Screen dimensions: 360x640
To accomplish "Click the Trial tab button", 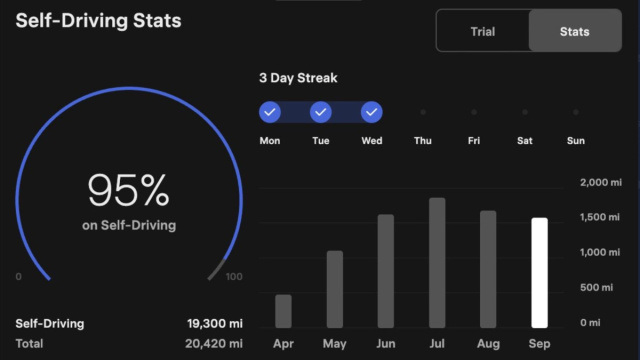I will click(x=482, y=31).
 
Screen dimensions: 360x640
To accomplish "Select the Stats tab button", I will click(x=575, y=31).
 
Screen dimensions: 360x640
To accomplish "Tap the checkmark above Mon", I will click(x=270, y=112).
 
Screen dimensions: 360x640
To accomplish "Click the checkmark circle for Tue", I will click(x=321, y=112).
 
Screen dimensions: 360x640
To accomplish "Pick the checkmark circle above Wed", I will click(x=372, y=112).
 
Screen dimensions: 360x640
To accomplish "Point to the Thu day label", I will click(x=423, y=141).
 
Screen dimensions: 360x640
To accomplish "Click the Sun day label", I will click(x=576, y=141).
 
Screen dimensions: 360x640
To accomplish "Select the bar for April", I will click(x=284, y=311).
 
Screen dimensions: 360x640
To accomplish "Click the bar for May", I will click(x=335, y=289).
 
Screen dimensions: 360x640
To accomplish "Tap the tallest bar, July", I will click(x=437, y=262).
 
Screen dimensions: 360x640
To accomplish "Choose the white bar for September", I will click(x=539, y=272).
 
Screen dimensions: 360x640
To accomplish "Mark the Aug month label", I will click(x=488, y=343).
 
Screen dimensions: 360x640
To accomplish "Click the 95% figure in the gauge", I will click(x=128, y=190).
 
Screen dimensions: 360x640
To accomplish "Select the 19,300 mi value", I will click(x=215, y=324).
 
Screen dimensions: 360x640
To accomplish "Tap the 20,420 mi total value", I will click(x=215, y=343).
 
